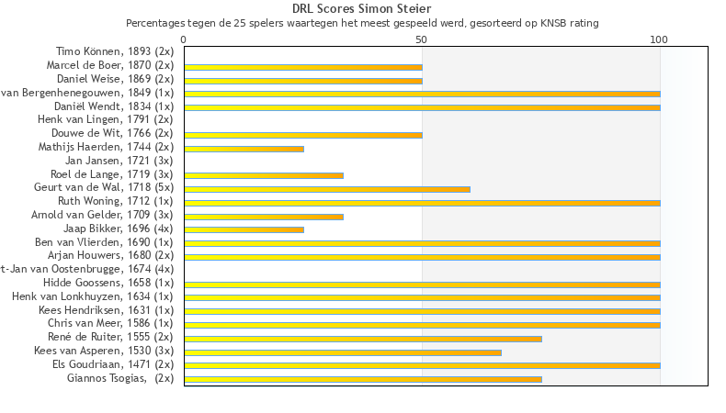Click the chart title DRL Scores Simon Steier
[361, 9]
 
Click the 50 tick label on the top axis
[422, 39]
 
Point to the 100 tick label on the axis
[659, 39]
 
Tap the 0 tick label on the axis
[184, 39]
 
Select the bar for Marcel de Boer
[303, 67]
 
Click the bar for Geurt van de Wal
[327, 189]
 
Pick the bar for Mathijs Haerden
[244, 149]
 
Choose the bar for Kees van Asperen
[343, 352]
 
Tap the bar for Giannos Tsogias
[363, 378]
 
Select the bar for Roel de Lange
[264, 175]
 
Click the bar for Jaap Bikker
[244, 229]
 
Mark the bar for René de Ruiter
[363, 339]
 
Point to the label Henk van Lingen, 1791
[106, 119]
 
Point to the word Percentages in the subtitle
[153, 22]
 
